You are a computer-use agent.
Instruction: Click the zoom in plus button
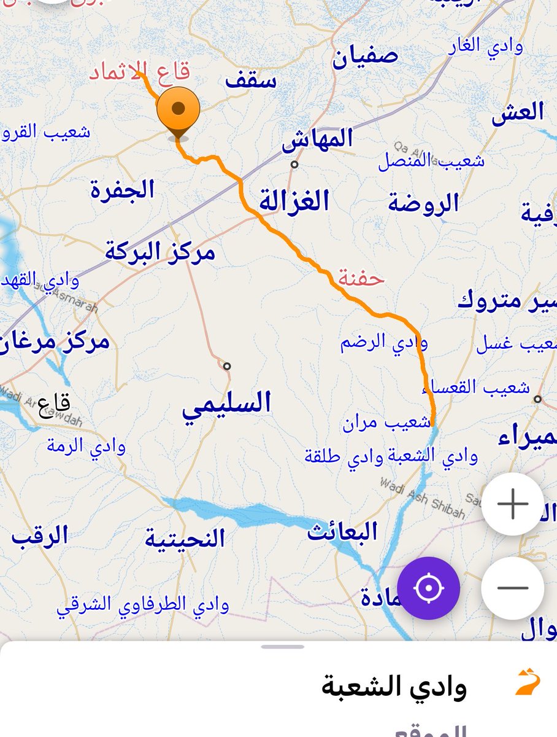pyautogui.click(x=512, y=504)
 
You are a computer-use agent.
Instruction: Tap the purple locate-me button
pyautogui.click(x=428, y=588)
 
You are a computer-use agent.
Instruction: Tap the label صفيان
pyautogui.click(x=365, y=58)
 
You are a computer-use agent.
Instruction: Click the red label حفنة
pyautogui.click(x=361, y=278)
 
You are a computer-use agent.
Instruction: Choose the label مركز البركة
pyautogui.click(x=160, y=251)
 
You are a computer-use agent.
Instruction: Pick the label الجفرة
pyautogui.click(x=123, y=189)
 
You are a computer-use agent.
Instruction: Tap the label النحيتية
pyautogui.click(x=185, y=539)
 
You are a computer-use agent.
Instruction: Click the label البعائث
pyautogui.click(x=342, y=531)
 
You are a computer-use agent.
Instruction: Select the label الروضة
pyautogui.click(x=423, y=203)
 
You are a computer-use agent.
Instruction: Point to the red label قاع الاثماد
pyautogui.click(x=140, y=72)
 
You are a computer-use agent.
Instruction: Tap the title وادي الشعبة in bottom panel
pyautogui.click(x=394, y=685)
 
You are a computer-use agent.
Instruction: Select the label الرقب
pyautogui.click(x=39, y=536)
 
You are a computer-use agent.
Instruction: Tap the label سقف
pyautogui.click(x=250, y=80)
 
